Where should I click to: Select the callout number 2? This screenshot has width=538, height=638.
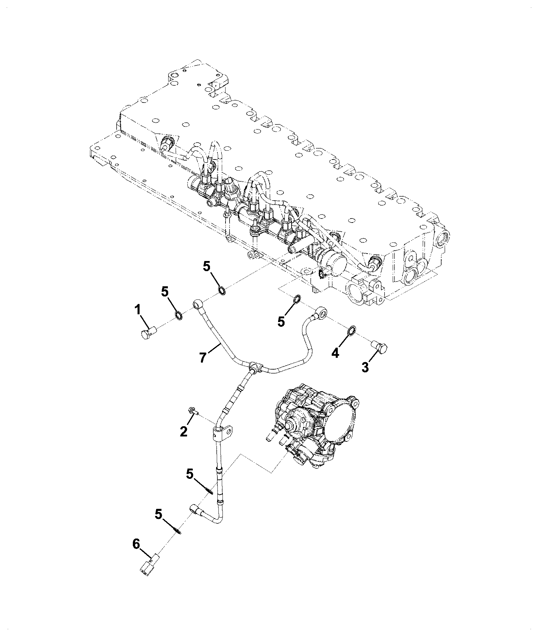(184, 431)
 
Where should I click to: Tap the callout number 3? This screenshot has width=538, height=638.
(365, 367)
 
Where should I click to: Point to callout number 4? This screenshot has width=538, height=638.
(335, 353)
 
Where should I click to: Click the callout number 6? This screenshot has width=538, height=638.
(136, 553)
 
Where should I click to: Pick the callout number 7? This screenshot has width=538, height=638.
(202, 357)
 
